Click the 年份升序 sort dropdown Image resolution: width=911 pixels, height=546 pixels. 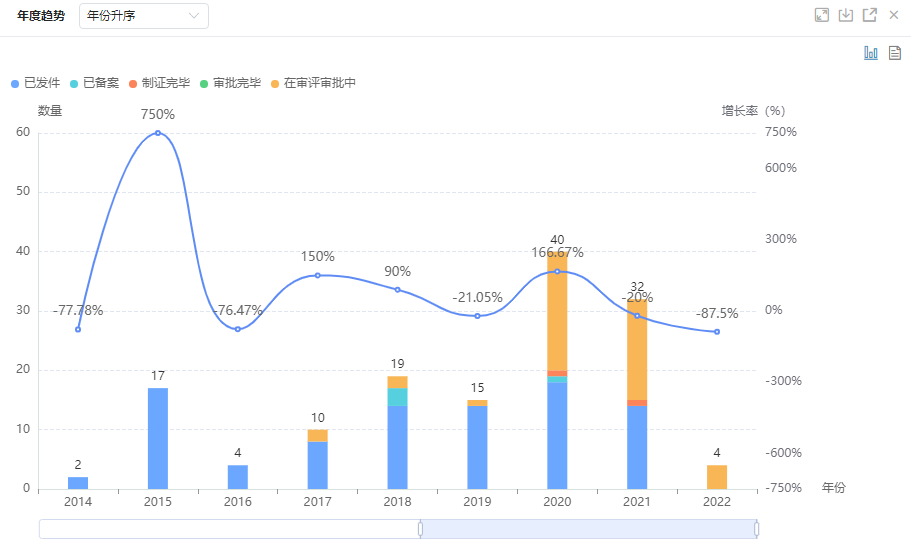click(x=144, y=16)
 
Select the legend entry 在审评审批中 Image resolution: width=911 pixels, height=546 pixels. click(x=313, y=83)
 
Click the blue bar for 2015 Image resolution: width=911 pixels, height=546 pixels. click(x=158, y=438)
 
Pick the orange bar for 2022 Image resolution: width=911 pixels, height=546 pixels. click(x=717, y=477)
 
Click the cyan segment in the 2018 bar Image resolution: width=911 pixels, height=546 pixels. click(x=397, y=396)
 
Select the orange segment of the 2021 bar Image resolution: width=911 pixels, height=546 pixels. click(x=637, y=350)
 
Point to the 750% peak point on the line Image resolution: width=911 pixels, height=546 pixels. click(x=158, y=133)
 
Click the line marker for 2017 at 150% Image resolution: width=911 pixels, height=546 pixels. click(x=318, y=275)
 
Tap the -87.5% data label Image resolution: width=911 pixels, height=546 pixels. click(x=717, y=314)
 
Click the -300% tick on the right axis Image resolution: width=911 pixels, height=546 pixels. click(x=782, y=381)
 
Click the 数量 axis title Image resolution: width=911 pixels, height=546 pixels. click(x=50, y=110)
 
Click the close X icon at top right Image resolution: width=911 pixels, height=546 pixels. click(x=894, y=15)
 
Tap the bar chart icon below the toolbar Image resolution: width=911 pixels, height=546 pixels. click(x=871, y=53)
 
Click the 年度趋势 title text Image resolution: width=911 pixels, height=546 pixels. click(x=41, y=16)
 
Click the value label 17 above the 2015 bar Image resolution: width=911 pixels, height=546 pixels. click(x=158, y=376)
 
